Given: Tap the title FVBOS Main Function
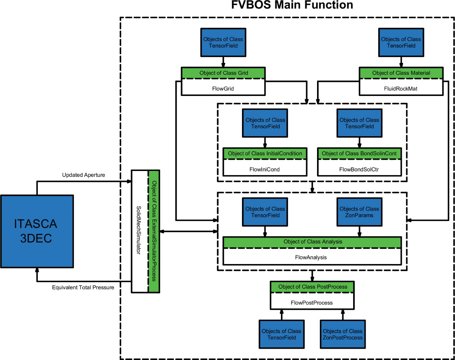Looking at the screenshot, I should click(x=292, y=5).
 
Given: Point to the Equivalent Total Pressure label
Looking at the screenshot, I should click(x=83, y=287).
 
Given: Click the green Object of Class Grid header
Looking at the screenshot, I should click(x=223, y=73).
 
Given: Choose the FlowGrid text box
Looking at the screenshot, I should click(x=223, y=89).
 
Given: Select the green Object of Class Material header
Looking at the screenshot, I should click(x=401, y=73).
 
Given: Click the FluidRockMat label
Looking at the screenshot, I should click(x=401, y=89).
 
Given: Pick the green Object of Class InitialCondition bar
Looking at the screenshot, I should click(x=265, y=153).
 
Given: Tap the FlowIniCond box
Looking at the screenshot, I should click(x=265, y=170).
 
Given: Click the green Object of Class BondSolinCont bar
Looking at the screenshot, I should click(x=359, y=153).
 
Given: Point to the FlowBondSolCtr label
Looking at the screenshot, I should click(x=359, y=170).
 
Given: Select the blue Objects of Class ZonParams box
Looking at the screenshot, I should click(x=359, y=212).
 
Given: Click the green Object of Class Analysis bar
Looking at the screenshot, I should click(x=312, y=242).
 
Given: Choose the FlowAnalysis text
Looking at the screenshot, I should click(x=312, y=257).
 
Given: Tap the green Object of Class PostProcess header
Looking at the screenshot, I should click(x=312, y=287).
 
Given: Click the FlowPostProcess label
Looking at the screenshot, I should click(x=312, y=302).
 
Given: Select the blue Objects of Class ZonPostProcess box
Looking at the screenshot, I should click(x=343, y=334).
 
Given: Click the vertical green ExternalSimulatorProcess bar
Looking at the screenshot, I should click(x=153, y=231).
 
